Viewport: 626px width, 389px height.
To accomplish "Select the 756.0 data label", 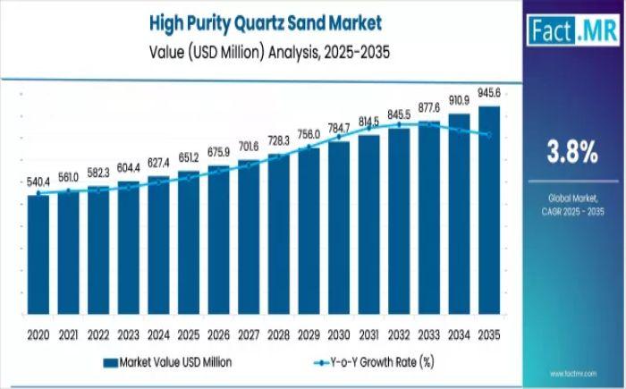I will [x=309, y=134].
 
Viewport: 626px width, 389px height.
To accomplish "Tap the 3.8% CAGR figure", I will [x=572, y=153].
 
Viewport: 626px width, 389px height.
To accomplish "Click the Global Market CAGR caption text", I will [x=572, y=201].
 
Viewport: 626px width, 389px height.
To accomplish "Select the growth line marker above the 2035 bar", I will [x=489, y=135].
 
